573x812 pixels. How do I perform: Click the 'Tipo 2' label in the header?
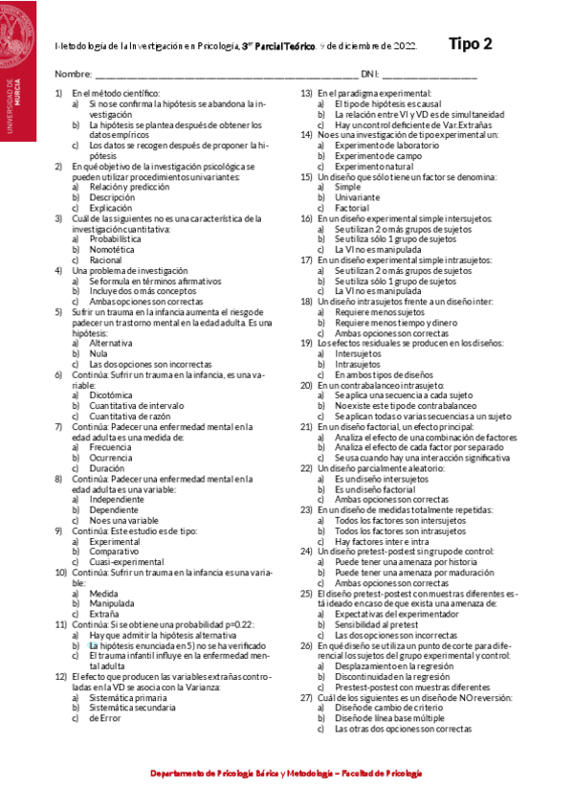(x=471, y=43)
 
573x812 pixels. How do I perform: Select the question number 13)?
(x=306, y=93)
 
